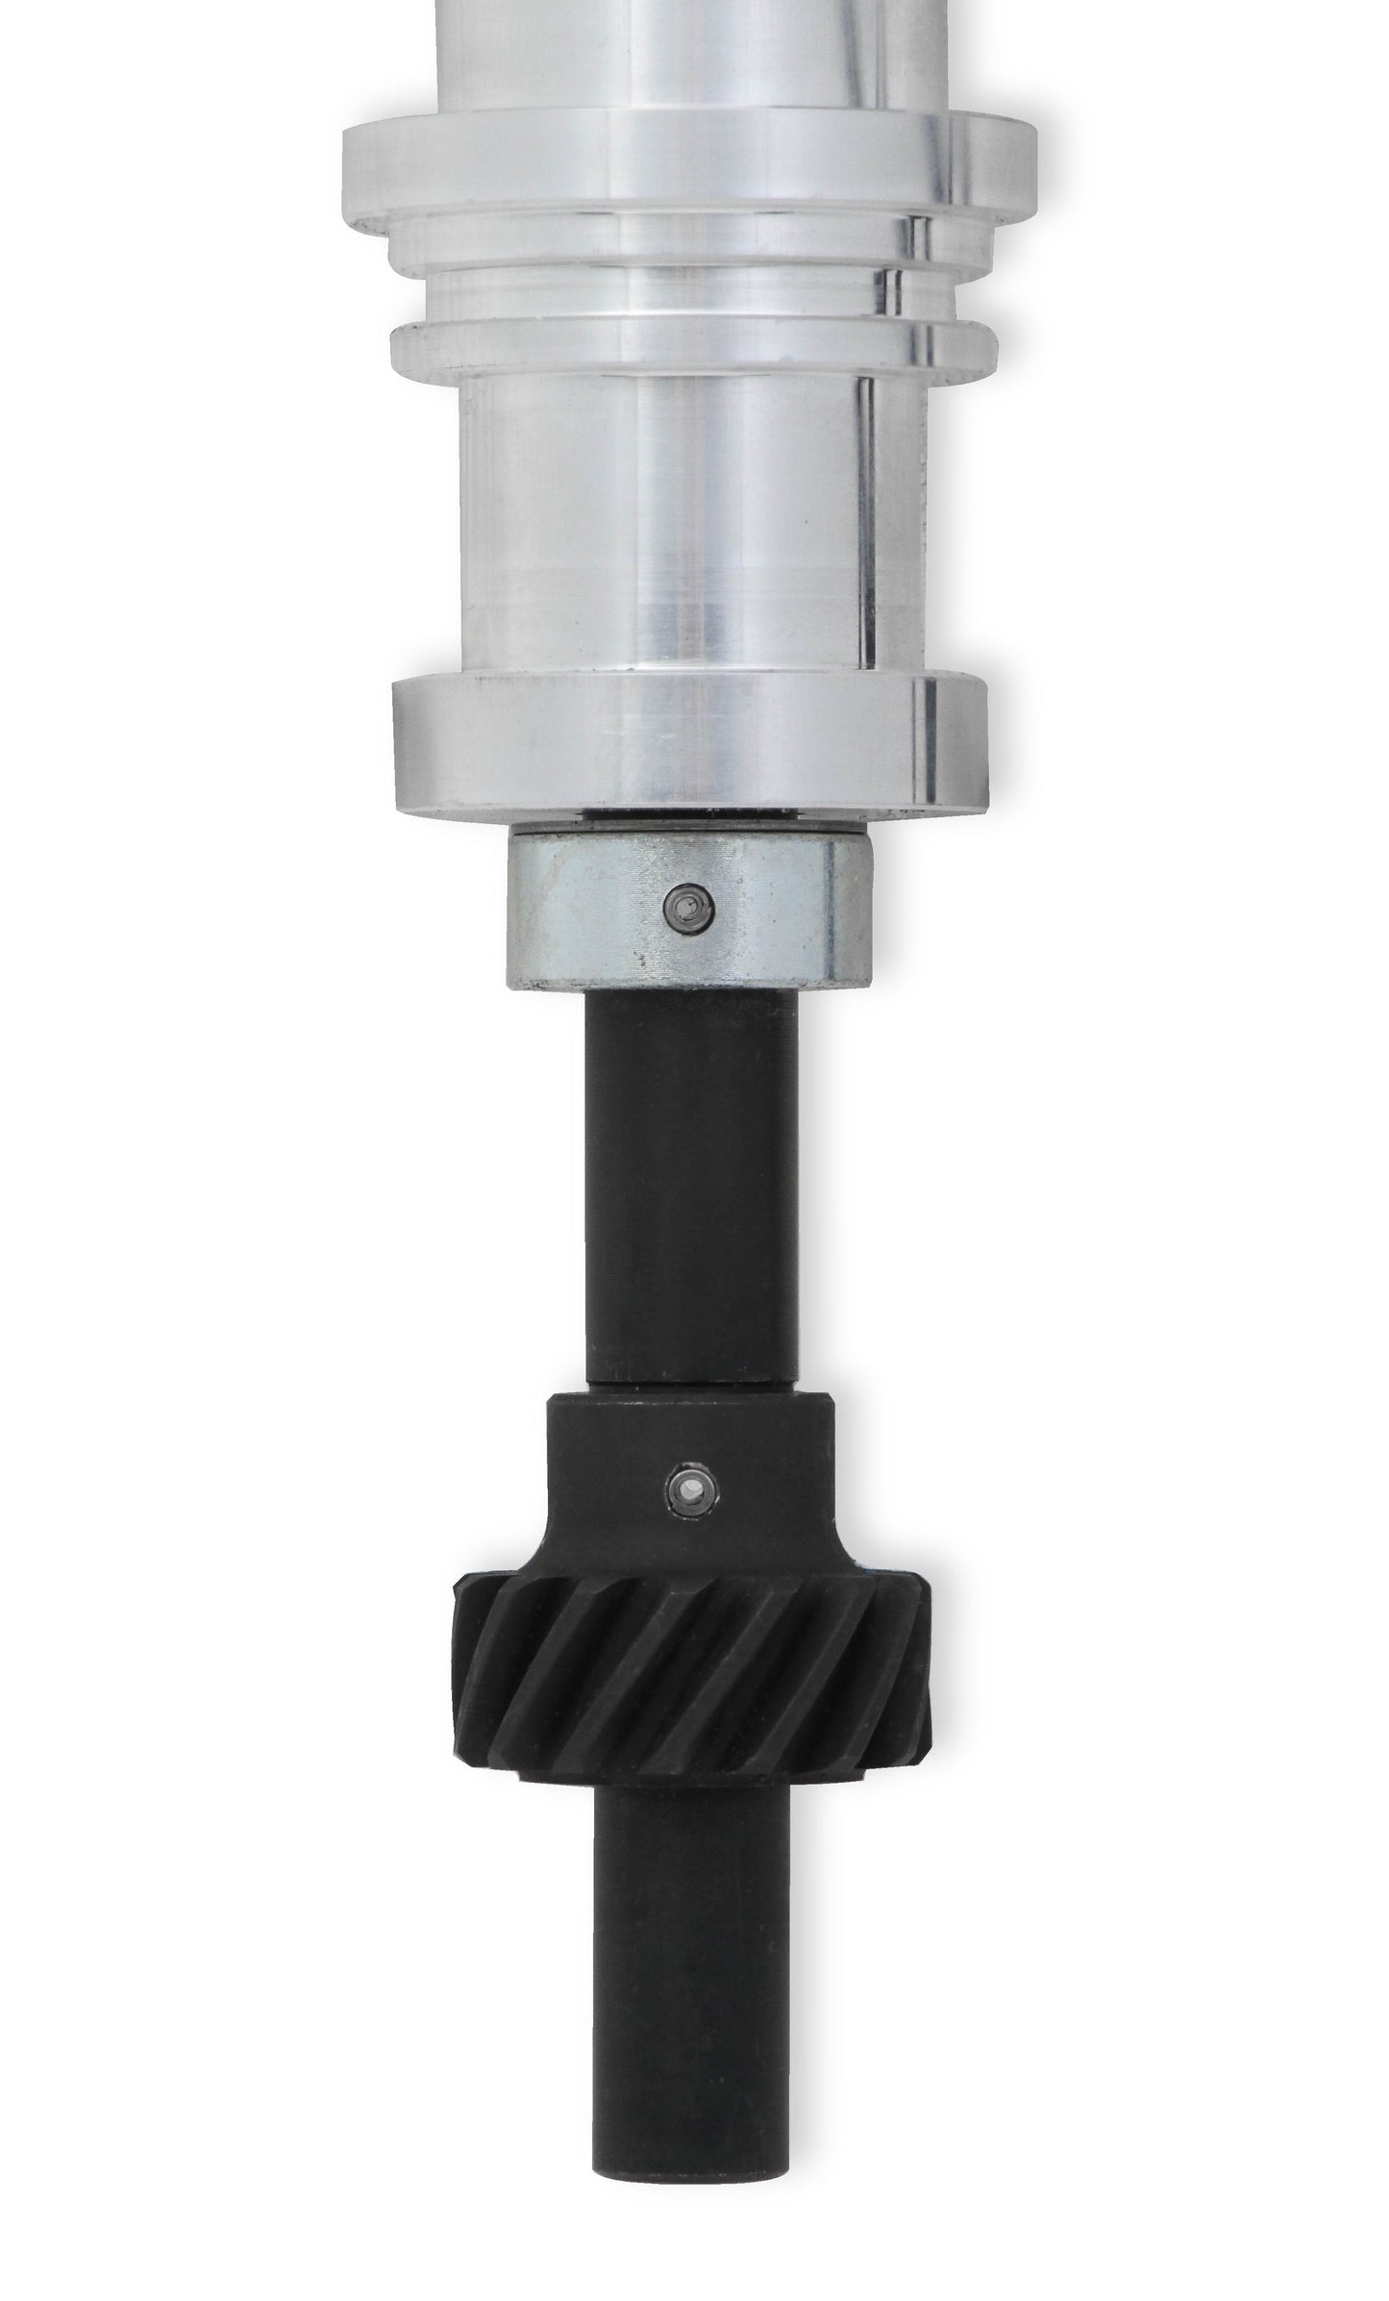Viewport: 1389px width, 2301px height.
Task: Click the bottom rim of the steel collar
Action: [x=689, y=979]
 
